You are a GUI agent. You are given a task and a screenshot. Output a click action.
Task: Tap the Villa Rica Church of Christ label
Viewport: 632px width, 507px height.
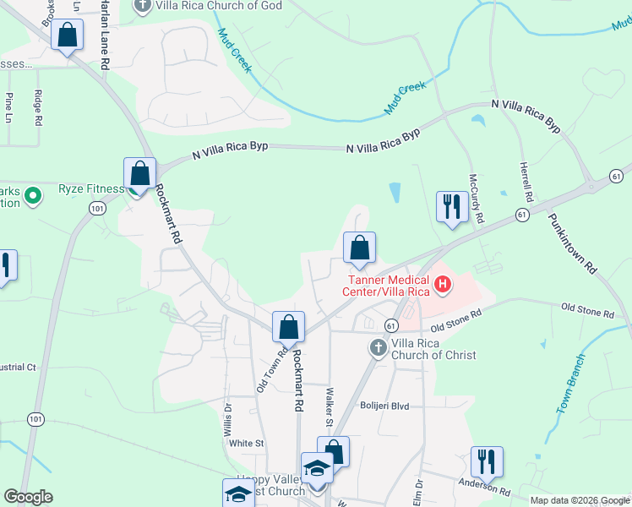433,350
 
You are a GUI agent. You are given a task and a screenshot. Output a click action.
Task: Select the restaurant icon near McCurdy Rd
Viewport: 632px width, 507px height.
451,206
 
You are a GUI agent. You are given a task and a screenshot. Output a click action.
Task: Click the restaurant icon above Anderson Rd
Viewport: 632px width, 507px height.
486,461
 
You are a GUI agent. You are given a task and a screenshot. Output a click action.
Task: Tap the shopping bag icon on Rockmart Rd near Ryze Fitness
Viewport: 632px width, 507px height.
139,174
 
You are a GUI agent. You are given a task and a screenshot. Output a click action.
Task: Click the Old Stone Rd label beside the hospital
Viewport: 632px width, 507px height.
455,320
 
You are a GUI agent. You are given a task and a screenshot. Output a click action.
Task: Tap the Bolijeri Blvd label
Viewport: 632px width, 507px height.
386,406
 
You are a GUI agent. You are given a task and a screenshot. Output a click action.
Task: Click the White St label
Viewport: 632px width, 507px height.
247,443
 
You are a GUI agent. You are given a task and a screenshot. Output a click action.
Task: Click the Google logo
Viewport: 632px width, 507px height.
28,497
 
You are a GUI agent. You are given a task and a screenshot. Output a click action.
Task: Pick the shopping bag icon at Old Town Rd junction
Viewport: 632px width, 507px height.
288,327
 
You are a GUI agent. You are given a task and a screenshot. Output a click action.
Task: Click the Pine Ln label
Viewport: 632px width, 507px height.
9,106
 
